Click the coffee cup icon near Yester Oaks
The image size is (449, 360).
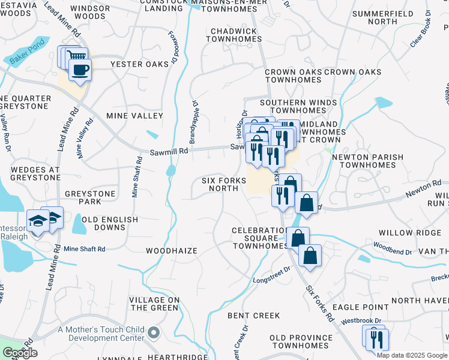(x=80, y=70)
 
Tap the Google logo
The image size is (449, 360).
(x=20, y=353)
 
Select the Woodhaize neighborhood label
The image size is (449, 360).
(x=172, y=250)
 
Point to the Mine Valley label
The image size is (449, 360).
(x=134, y=115)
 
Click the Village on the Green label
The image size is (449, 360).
(x=154, y=304)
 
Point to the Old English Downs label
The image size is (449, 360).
(x=110, y=224)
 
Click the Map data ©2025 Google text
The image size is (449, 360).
(x=412, y=355)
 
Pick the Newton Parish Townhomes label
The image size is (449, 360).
(x=367, y=161)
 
